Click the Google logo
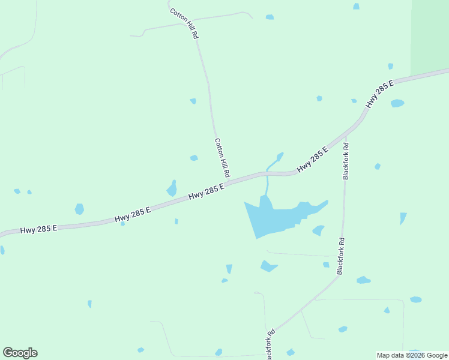pos(20,353)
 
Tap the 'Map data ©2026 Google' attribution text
pos(412,355)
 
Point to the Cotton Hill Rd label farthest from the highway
pos(184,23)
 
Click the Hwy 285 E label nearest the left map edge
pos(38,229)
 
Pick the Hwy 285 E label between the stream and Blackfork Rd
pos(313,160)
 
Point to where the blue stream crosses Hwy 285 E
pos(267,174)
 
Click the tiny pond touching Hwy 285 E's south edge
pos(122,224)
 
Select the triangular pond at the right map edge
pos(403,218)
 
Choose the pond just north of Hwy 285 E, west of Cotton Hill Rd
pos(172,189)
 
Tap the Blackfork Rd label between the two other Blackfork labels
pos(340,257)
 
